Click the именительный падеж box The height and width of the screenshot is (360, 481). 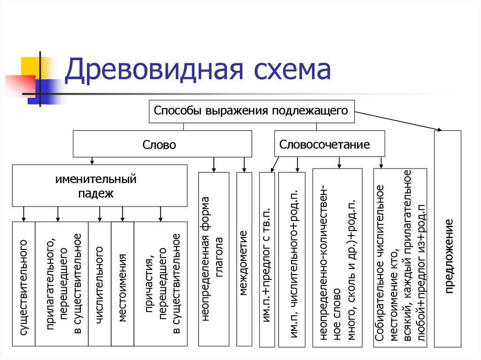99,185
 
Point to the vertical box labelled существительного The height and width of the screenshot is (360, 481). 23,284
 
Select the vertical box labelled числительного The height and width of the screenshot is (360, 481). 99,284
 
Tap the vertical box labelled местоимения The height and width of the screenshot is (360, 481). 123,284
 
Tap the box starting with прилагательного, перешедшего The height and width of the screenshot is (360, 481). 61,284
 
